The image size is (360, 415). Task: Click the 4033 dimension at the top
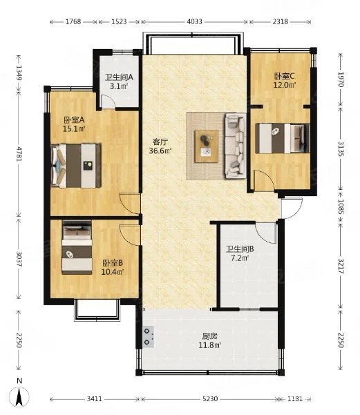[x=194, y=21]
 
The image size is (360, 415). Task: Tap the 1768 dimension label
[x=73, y=21]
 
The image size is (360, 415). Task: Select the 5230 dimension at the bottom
[x=210, y=398]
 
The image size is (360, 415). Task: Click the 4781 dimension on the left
[x=19, y=153]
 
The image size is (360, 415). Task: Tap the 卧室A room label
[x=74, y=120]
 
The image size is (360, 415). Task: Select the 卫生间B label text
[x=240, y=249]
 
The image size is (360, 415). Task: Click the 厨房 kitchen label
[x=210, y=336]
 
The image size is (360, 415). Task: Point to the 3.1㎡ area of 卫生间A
[x=119, y=86]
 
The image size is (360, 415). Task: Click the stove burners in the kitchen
[x=148, y=336]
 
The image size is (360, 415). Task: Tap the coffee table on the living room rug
[x=207, y=146]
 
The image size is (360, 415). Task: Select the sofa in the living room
[x=235, y=146]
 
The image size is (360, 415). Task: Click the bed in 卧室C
[x=283, y=138]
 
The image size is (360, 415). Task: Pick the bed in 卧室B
[x=77, y=247]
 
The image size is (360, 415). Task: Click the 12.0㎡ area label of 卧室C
[x=285, y=85]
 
